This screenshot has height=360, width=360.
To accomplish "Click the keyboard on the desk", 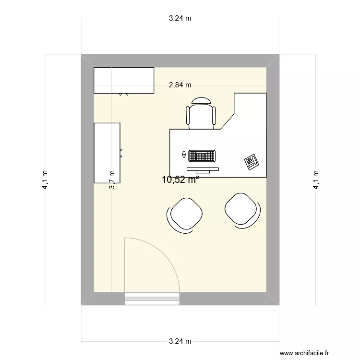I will pos(202,156).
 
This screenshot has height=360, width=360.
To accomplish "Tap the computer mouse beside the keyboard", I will pos(184,155).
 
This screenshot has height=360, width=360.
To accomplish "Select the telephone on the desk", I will pos(252,162).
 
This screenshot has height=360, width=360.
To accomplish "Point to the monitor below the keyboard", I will pos(203,169).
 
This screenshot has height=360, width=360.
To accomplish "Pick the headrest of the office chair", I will pos(201,100).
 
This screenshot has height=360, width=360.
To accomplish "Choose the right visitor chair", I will pos(243,210).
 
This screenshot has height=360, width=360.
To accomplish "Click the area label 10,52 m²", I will pos(180,180).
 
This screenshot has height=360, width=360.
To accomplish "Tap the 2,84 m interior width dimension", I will pos(180,85).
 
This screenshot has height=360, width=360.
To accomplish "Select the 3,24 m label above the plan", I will pos(180,19).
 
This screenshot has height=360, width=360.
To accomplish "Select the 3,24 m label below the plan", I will pos(180,341).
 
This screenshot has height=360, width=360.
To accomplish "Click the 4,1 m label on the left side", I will pos(45,180).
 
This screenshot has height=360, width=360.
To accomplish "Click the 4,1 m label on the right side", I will pos(315,180).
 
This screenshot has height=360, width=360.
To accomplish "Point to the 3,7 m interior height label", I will pos(112,180).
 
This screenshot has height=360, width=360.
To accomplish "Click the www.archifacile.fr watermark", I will pos(307,352).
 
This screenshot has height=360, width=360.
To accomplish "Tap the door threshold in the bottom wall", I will pos(152,299).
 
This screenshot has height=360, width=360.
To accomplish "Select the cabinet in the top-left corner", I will pos(124,80).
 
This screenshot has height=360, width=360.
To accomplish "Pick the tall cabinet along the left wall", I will pos(107,153).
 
